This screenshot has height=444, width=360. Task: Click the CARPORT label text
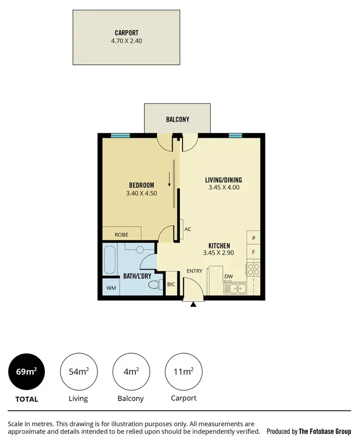pyautogui.click(x=126, y=34)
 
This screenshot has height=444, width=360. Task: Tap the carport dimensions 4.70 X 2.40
pyautogui.click(x=126, y=41)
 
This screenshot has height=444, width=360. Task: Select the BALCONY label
pyautogui.click(x=178, y=120)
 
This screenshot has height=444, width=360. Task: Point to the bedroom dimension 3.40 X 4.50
pyautogui.click(x=142, y=193)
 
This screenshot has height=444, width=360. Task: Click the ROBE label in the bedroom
pyautogui.click(x=121, y=234)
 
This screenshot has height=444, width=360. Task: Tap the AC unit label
pyautogui.click(x=188, y=229)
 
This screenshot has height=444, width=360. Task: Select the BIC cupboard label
pyautogui.click(x=171, y=284)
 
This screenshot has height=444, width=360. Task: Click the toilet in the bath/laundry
pyautogui.click(x=155, y=285)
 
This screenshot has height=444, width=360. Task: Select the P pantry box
pyautogui.click(x=253, y=238)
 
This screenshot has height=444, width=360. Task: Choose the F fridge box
pyautogui.click(x=253, y=251)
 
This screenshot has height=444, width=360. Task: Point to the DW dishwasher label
pyautogui.click(x=228, y=276)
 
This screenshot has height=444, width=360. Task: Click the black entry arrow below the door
pyautogui.click(x=193, y=304)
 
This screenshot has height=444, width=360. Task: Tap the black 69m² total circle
pyautogui.click(x=26, y=371)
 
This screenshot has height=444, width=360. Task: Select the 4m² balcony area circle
pyautogui.click(x=131, y=371)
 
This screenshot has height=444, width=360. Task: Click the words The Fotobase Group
pyautogui.click(x=324, y=431)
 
